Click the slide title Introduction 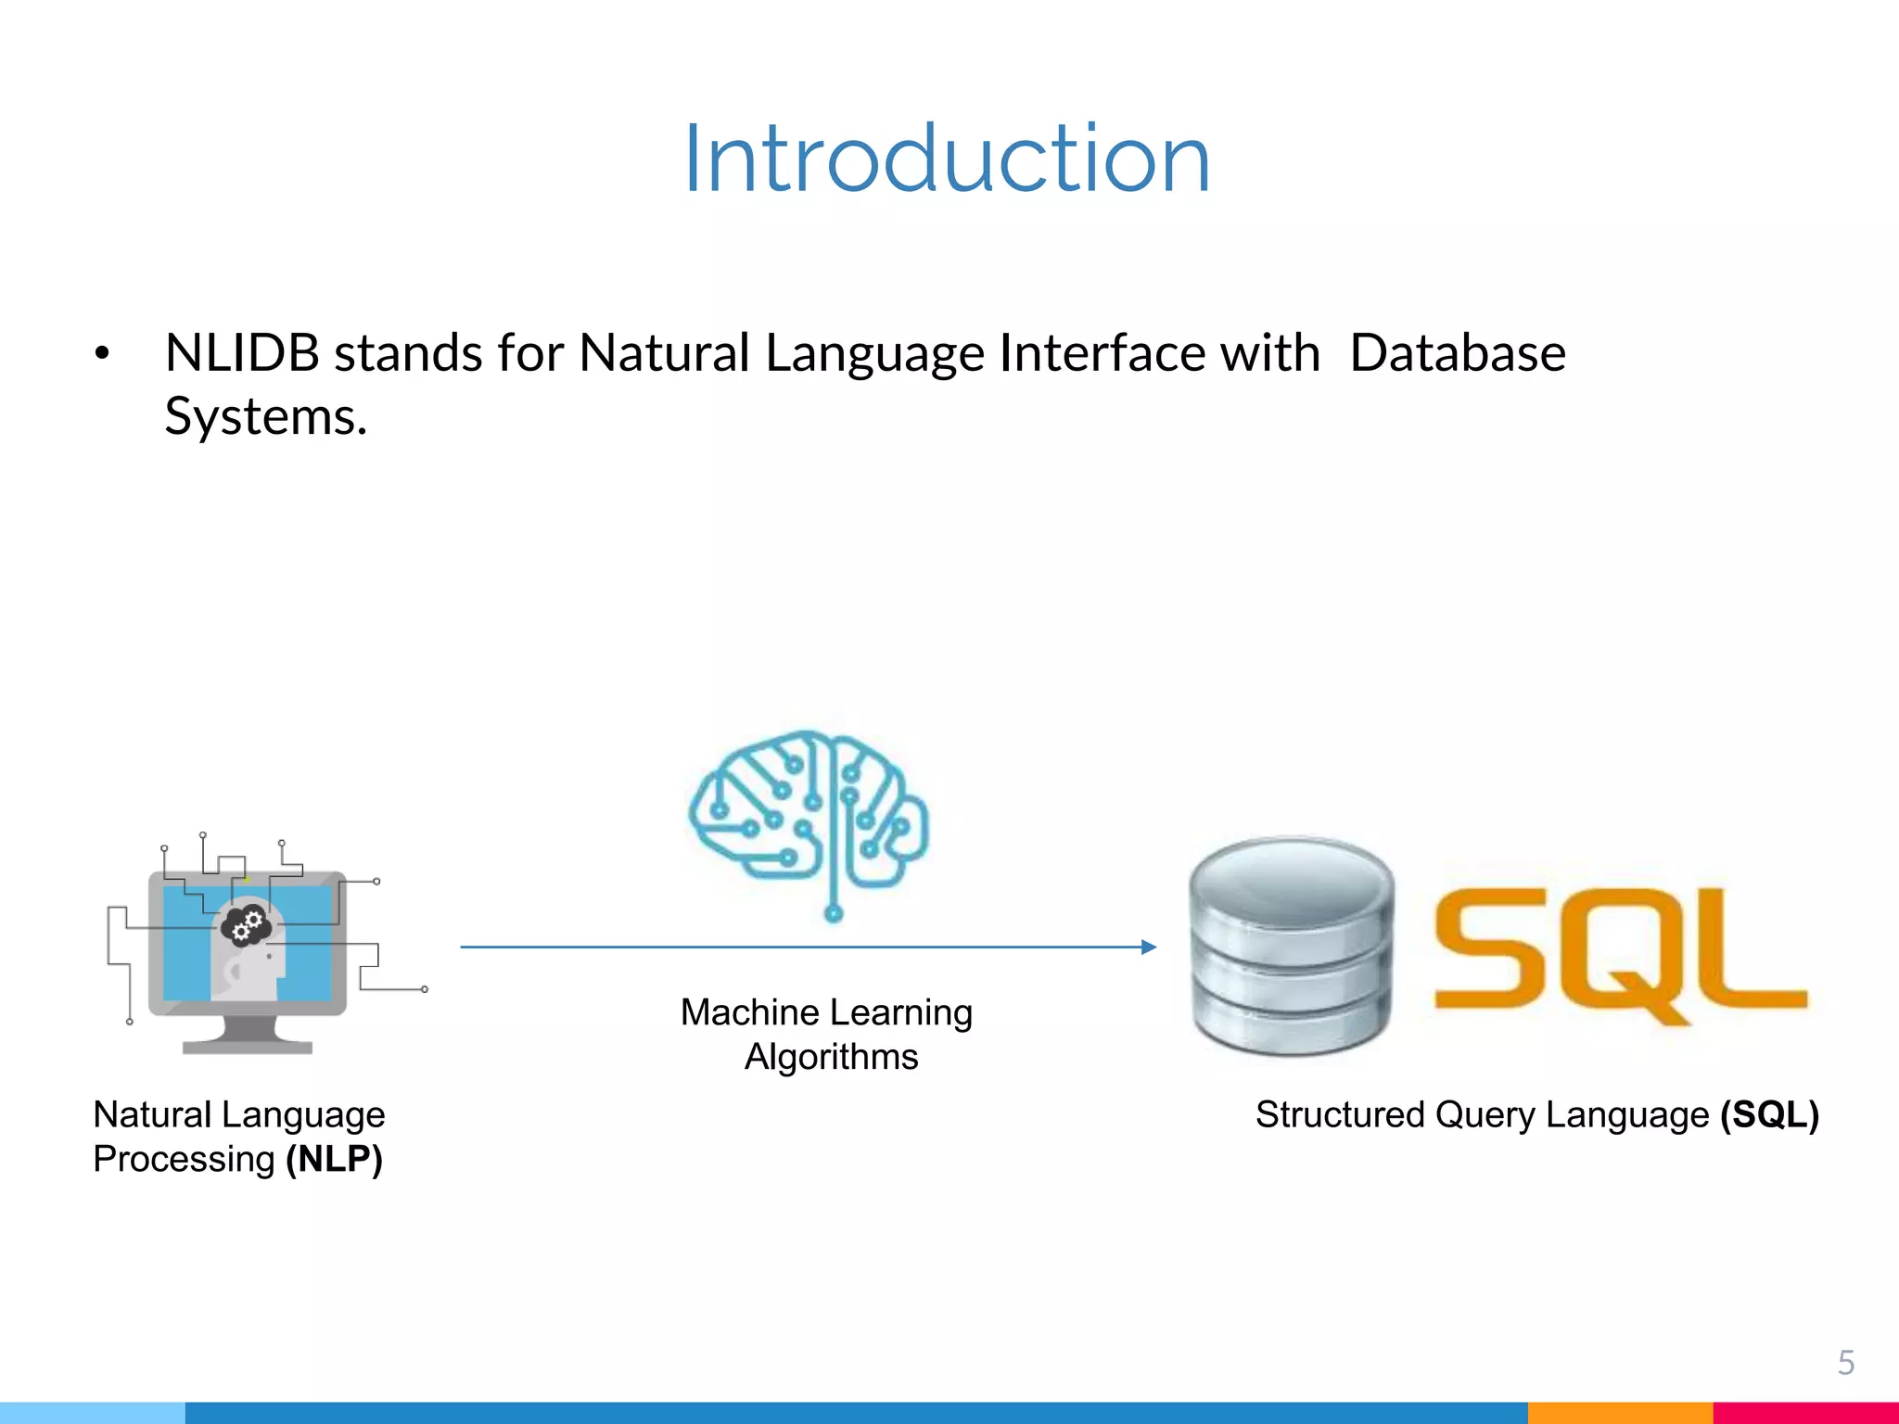947,159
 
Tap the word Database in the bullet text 1457,353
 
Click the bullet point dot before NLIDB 102,353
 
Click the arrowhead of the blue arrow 1149,947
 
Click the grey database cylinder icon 1291,946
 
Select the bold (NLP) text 334,1159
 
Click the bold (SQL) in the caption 1769,1114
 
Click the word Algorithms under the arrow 831,1057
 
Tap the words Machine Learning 826,1012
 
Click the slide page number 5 1845,1363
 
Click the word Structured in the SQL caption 1339,1114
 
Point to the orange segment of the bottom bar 1619,1413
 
